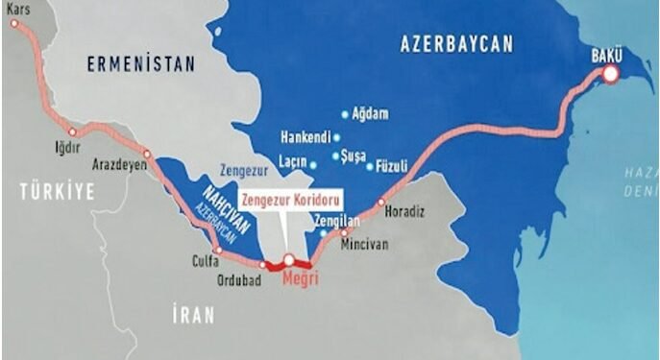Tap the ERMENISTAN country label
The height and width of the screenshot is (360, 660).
pyautogui.click(x=140, y=64)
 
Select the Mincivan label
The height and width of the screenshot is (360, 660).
pyautogui.click(x=366, y=244)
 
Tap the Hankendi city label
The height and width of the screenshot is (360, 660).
pyautogui.click(x=301, y=134)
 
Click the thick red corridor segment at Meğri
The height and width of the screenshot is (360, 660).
pyautogui.click(x=289, y=261)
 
